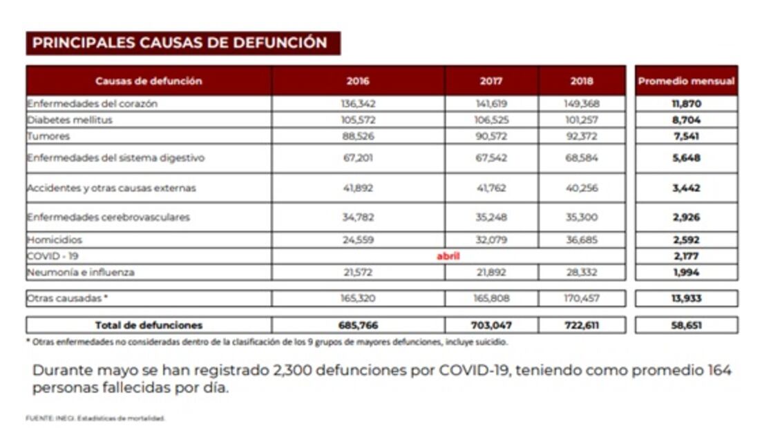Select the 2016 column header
point(357,81)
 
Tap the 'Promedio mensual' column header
point(686,81)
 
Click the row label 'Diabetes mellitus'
point(69,119)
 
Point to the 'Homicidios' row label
point(55,240)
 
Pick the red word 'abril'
point(448,256)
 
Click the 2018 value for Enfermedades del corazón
point(582,104)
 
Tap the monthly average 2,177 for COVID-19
point(686,256)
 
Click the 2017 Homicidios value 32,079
point(491,240)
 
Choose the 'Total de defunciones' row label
point(149,325)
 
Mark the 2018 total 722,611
point(582,325)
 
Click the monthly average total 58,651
point(686,325)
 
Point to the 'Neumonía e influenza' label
point(80,272)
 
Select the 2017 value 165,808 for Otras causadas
point(491,299)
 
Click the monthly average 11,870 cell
point(686,104)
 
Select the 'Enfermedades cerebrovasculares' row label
point(108,217)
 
